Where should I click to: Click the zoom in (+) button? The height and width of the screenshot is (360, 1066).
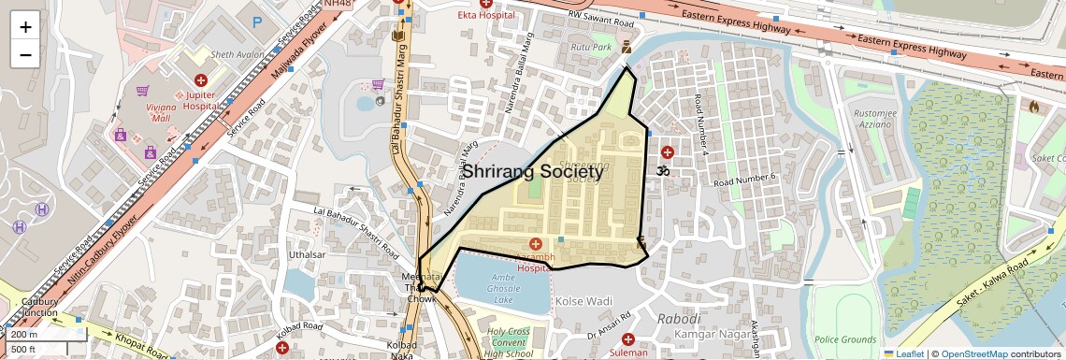(x=25, y=27)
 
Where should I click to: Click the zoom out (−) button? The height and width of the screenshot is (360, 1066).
(x=25, y=54)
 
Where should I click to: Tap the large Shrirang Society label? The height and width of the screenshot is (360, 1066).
(x=534, y=172)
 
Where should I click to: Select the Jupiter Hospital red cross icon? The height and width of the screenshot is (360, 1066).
(x=200, y=81)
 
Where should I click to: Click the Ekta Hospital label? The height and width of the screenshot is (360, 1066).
(x=485, y=15)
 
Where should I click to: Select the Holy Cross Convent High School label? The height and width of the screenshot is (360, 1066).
(x=507, y=342)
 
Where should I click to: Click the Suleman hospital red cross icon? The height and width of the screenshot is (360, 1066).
(x=627, y=338)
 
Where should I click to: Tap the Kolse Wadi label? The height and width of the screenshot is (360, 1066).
(x=583, y=302)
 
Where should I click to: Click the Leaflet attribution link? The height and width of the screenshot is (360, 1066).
(x=903, y=353)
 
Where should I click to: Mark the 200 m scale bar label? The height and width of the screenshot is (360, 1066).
(x=24, y=334)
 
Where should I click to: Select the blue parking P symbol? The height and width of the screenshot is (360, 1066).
(x=257, y=21)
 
